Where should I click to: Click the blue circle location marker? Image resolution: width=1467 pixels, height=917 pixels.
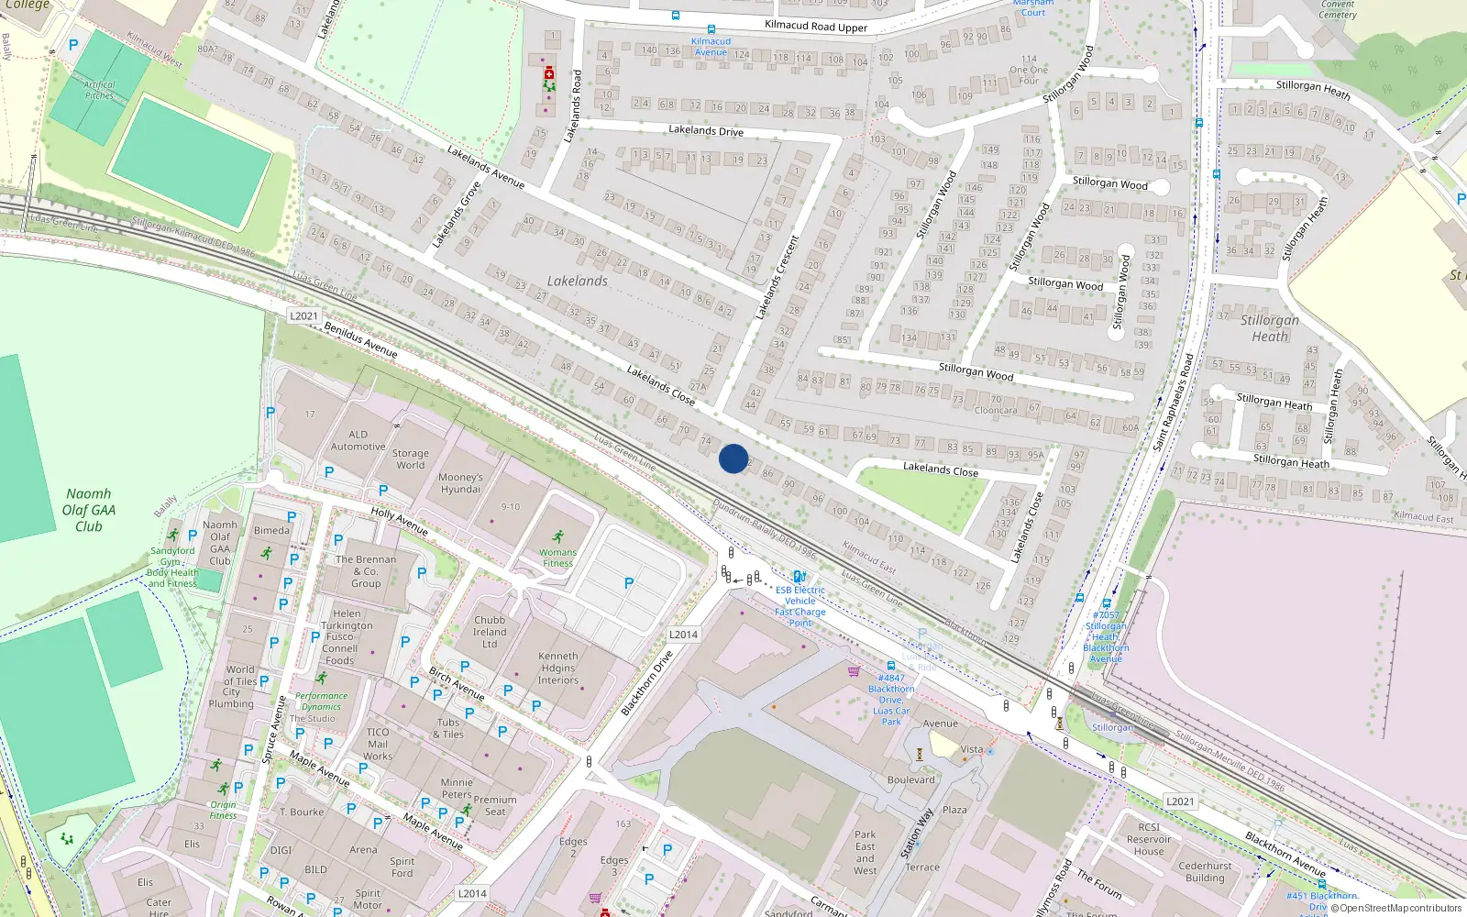pos(733,458)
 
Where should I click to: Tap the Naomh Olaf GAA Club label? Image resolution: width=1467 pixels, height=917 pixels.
pos(89,510)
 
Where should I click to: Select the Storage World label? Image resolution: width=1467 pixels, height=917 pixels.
pos(410,459)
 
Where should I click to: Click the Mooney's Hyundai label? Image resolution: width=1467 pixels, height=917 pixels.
pos(460,483)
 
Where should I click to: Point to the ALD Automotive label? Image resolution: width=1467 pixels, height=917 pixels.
pos(358,441)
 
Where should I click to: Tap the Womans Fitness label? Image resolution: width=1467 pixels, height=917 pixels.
pos(557,558)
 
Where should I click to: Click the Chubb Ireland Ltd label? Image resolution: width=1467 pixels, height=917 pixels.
pos(490,632)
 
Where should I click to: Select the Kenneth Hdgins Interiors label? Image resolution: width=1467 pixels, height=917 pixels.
pos(558,668)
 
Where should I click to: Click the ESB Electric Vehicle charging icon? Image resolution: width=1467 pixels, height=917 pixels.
pos(800,578)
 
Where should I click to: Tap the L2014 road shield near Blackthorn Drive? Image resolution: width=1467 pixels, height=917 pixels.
pos(683,635)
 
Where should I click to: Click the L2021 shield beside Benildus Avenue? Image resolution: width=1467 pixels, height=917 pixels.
pos(303,316)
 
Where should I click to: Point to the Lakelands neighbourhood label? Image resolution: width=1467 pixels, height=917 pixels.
pos(577,282)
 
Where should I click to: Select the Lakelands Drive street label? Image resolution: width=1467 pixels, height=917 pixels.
pos(706,131)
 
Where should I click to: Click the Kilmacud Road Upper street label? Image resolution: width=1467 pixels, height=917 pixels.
pos(816,27)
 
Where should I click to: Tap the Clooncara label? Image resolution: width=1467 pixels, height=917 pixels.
pos(996,411)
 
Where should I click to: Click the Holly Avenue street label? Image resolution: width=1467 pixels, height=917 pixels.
pos(400,521)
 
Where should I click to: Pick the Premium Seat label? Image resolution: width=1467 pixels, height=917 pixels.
pos(495,805)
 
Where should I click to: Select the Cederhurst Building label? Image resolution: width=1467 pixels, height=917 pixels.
pos(1205,871)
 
